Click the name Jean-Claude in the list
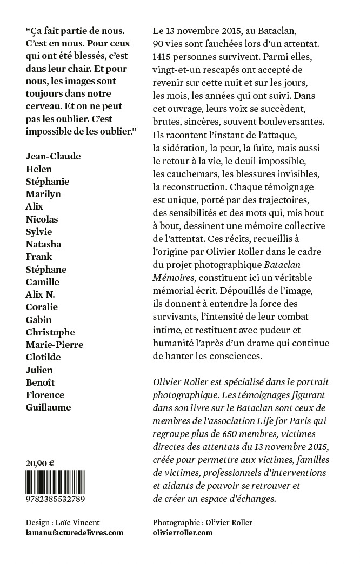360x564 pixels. pos(53,156)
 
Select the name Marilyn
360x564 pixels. pos(43,193)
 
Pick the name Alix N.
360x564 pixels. pos(41,294)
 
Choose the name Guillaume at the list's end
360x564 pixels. pos(48,407)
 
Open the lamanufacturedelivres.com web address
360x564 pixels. pos(75,532)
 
